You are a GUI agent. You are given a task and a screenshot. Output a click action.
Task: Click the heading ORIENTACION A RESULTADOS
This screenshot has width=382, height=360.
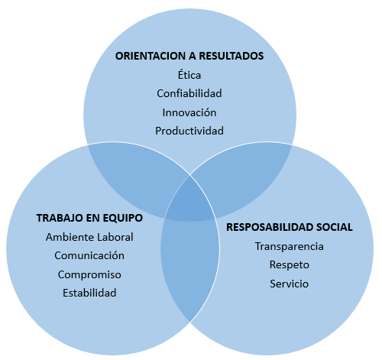[189, 56]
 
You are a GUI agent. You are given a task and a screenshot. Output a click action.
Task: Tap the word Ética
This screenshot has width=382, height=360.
[189, 75]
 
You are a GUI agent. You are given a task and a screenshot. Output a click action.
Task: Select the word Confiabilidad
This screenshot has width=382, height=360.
[189, 93]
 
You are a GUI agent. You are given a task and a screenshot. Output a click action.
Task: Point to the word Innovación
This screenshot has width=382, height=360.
[189, 112]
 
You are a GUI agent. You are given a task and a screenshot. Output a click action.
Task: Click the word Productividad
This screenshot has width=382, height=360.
[189, 131]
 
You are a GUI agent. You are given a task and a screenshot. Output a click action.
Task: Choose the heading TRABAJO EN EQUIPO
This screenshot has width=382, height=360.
[89, 218]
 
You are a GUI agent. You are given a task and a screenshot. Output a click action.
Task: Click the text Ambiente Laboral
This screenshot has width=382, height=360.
[89, 237]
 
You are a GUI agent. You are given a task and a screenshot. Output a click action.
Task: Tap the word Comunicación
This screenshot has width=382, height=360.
[89, 255]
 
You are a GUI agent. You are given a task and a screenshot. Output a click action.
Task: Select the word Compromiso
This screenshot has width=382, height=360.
[89, 274]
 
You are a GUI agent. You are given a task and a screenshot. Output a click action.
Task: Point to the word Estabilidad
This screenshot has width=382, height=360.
[89, 293]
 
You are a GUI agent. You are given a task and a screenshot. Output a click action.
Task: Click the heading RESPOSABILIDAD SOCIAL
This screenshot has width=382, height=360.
[290, 227]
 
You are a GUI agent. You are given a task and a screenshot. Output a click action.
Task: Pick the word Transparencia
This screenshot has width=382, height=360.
[290, 246]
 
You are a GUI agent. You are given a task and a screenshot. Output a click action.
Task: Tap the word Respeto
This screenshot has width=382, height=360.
[290, 265]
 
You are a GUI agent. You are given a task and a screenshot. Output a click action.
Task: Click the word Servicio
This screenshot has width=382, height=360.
[290, 284]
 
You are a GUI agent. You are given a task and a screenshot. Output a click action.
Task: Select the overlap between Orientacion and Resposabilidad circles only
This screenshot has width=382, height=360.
[243, 176]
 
